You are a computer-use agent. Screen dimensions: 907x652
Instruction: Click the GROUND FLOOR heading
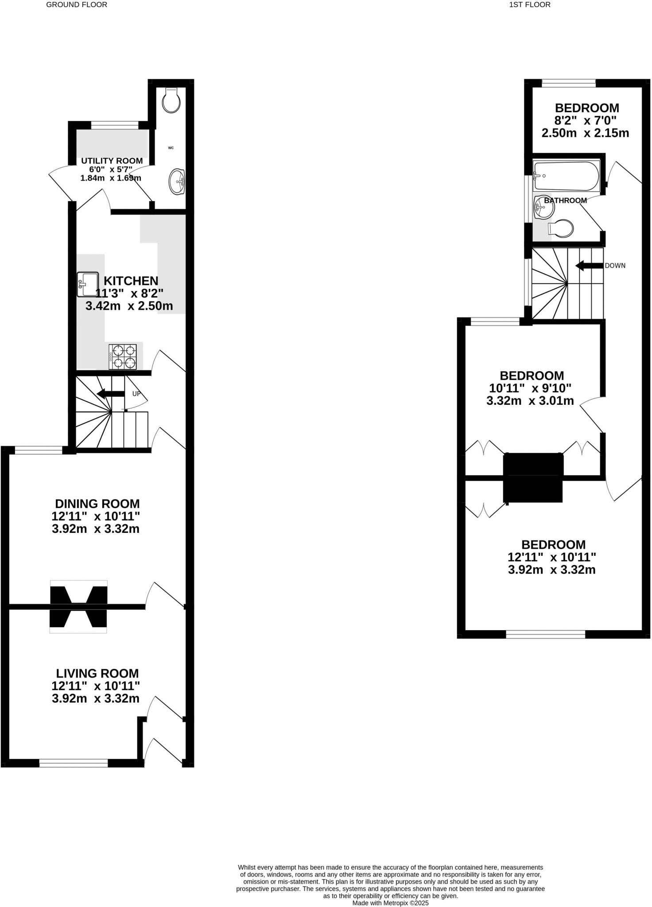pyautogui.click(x=77, y=5)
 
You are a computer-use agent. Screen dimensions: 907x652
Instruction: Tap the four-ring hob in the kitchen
pyautogui.click(x=123, y=357)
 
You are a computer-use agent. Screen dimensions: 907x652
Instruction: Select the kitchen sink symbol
pyautogui.click(x=87, y=284)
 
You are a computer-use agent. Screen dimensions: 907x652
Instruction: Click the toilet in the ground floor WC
pyautogui.click(x=171, y=101)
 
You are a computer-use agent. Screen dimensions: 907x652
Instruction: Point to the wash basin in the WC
pyautogui.click(x=177, y=182)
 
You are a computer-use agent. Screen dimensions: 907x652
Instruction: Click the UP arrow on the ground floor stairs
pyautogui.click(x=111, y=394)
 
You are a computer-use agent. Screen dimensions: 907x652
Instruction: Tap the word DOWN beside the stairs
pyautogui.click(x=615, y=266)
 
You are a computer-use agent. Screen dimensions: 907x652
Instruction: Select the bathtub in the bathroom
pyautogui.click(x=566, y=176)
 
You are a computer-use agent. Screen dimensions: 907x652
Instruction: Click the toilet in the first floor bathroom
pyautogui.click(x=562, y=229)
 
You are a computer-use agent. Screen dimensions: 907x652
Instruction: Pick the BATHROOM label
pyautogui.click(x=565, y=201)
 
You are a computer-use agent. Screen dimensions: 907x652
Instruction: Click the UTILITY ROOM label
pyautogui.click(x=112, y=161)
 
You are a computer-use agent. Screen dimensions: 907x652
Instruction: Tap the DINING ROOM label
pyautogui.click(x=97, y=504)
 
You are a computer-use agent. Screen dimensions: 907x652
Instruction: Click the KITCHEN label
pyautogui.click(x=131, y=281)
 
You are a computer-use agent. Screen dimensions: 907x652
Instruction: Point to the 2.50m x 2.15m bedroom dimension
pyautogui.click(x=585, y=133)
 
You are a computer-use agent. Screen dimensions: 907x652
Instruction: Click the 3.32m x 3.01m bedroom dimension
pyautogui.click(x=530, y=401)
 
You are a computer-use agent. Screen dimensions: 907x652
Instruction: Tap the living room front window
pyautogui.click(x=74, y=763)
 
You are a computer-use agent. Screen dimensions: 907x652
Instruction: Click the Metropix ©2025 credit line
pyautogui.click(x=390, y=903)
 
